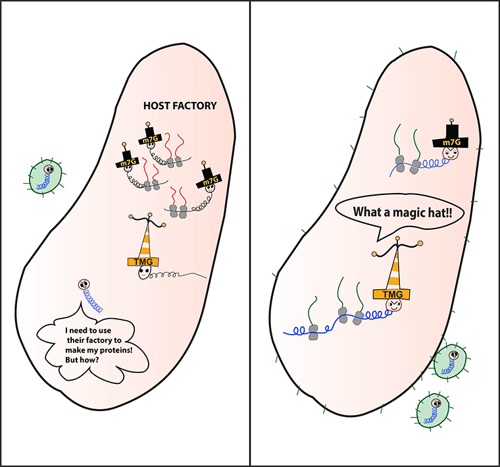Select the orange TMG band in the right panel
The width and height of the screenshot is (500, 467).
tap(391, 293)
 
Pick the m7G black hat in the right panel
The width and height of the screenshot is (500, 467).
tap(451, 141)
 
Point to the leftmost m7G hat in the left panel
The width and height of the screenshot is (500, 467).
tap(125, 161)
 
